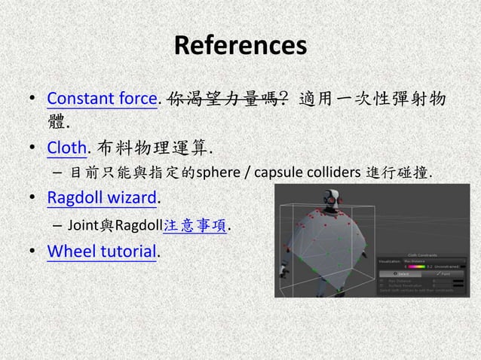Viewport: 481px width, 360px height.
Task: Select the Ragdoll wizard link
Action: (103, 197)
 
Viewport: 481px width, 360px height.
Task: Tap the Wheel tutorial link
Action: (103, 251)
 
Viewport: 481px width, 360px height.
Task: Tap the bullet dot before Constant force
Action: (32, 99)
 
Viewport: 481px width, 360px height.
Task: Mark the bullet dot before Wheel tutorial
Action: (32, 252)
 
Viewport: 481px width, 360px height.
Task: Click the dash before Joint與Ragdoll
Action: (57, 224)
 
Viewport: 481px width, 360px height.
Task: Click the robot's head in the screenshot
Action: (331, 199)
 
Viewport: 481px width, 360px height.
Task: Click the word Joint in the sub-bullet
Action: (80, 224)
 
